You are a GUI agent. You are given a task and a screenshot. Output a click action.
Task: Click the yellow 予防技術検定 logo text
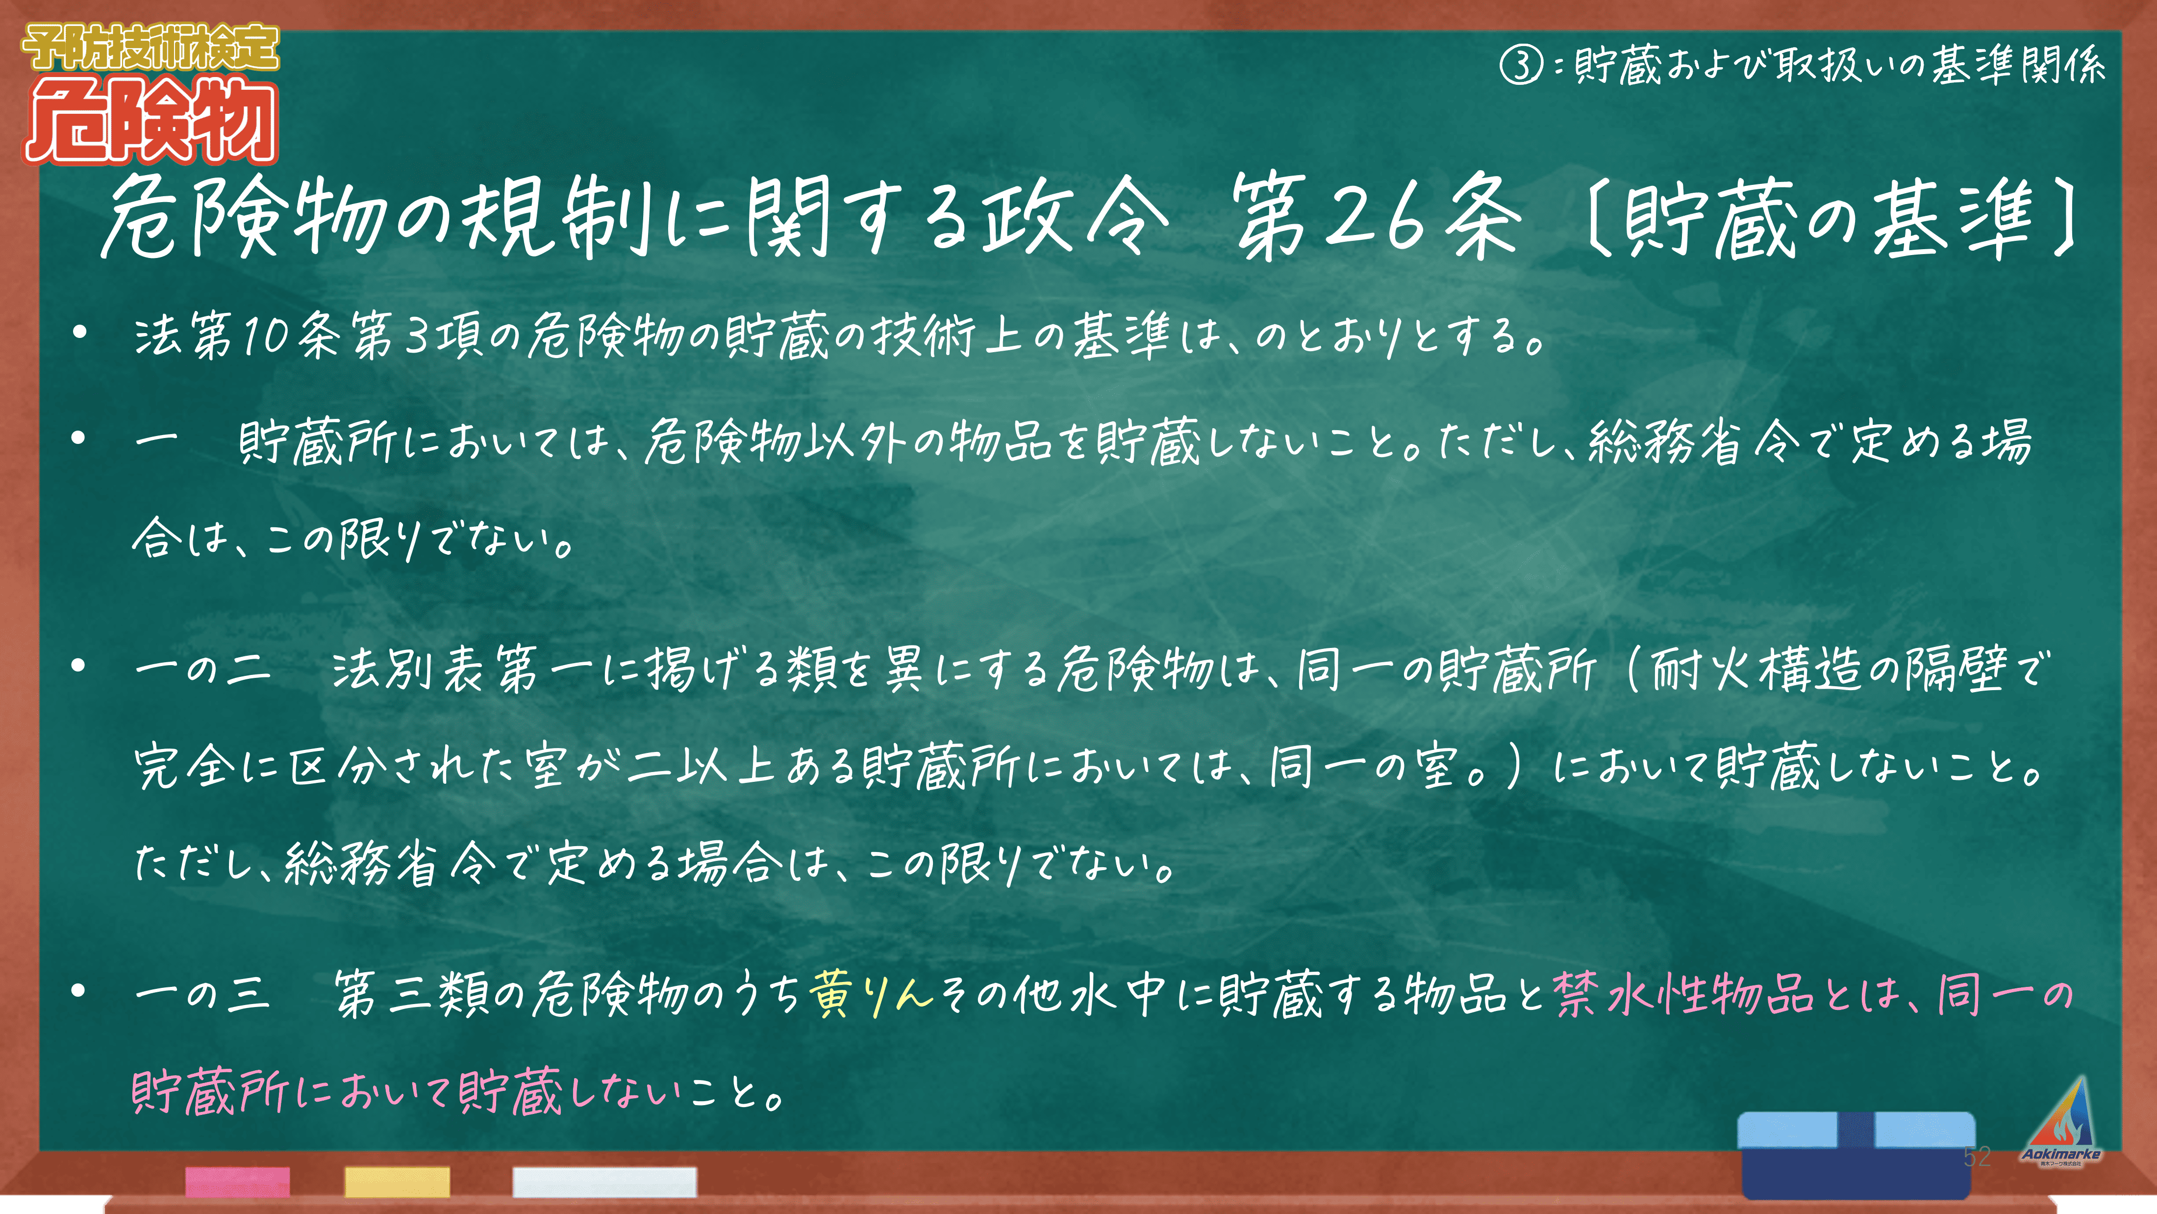(x=150, y=47)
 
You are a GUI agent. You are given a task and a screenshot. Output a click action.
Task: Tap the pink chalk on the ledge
(x=238, y=1181)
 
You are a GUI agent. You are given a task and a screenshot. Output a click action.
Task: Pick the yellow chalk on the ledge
(x=397, y=1181)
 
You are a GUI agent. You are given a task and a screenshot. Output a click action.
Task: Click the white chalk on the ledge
(x=604, y=1181)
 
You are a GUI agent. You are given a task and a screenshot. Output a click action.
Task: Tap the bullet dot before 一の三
(x=79, y=992)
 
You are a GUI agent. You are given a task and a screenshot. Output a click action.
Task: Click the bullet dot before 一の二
(x=79, y=666)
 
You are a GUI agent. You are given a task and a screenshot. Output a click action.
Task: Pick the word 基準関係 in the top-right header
(x=2018, y=65)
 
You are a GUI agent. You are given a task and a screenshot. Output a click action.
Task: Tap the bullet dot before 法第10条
(x=79, y=334)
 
